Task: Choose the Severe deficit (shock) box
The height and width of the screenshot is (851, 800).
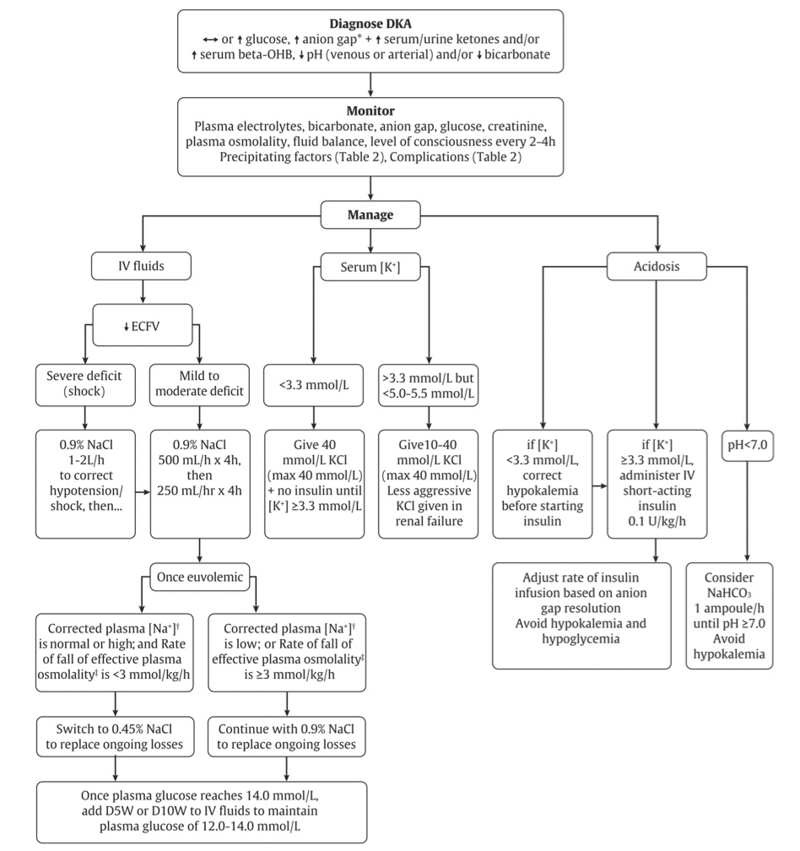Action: (85, 383)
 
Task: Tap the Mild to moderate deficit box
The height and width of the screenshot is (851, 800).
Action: (200, 383)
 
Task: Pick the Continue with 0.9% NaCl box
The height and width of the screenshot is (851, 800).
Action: (289, 735)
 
